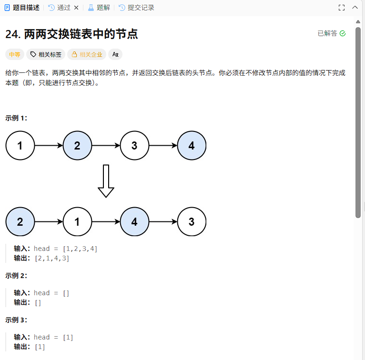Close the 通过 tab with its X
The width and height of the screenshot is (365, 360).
click(x=76, y=8)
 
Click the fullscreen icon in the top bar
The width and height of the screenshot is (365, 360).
click(x=341, y=8)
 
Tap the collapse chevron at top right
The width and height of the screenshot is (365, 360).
click(x=355, y=8)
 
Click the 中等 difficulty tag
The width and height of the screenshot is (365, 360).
click(x=15, y=54)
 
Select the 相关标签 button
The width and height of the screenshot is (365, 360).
click(x=46, y=54)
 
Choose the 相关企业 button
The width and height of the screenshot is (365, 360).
click(x=87, y=54)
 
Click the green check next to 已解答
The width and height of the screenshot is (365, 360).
click(x=343, y=33)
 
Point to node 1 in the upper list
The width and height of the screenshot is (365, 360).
click(x=20, y=146)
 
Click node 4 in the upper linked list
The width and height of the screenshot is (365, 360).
click(x=192, y=146)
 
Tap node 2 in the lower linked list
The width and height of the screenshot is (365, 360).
click(x=20, y=222)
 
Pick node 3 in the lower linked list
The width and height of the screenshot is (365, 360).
click(x=192, y=222)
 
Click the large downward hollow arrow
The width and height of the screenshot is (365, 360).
click(x=106, y=181)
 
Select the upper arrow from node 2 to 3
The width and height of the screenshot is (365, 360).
click(x=106, y=146)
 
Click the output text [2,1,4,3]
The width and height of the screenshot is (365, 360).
click(x=52, y=258)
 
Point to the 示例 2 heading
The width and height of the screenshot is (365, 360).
click(x=16, y=276)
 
